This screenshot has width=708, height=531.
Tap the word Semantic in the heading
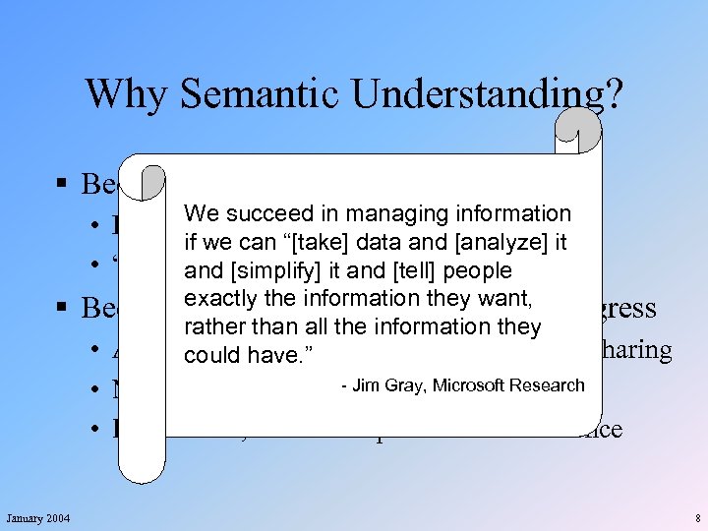(x=256, y=93)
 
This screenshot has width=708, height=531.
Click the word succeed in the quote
(x=261, y=214)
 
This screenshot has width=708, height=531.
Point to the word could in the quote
(x=207, y=355)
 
